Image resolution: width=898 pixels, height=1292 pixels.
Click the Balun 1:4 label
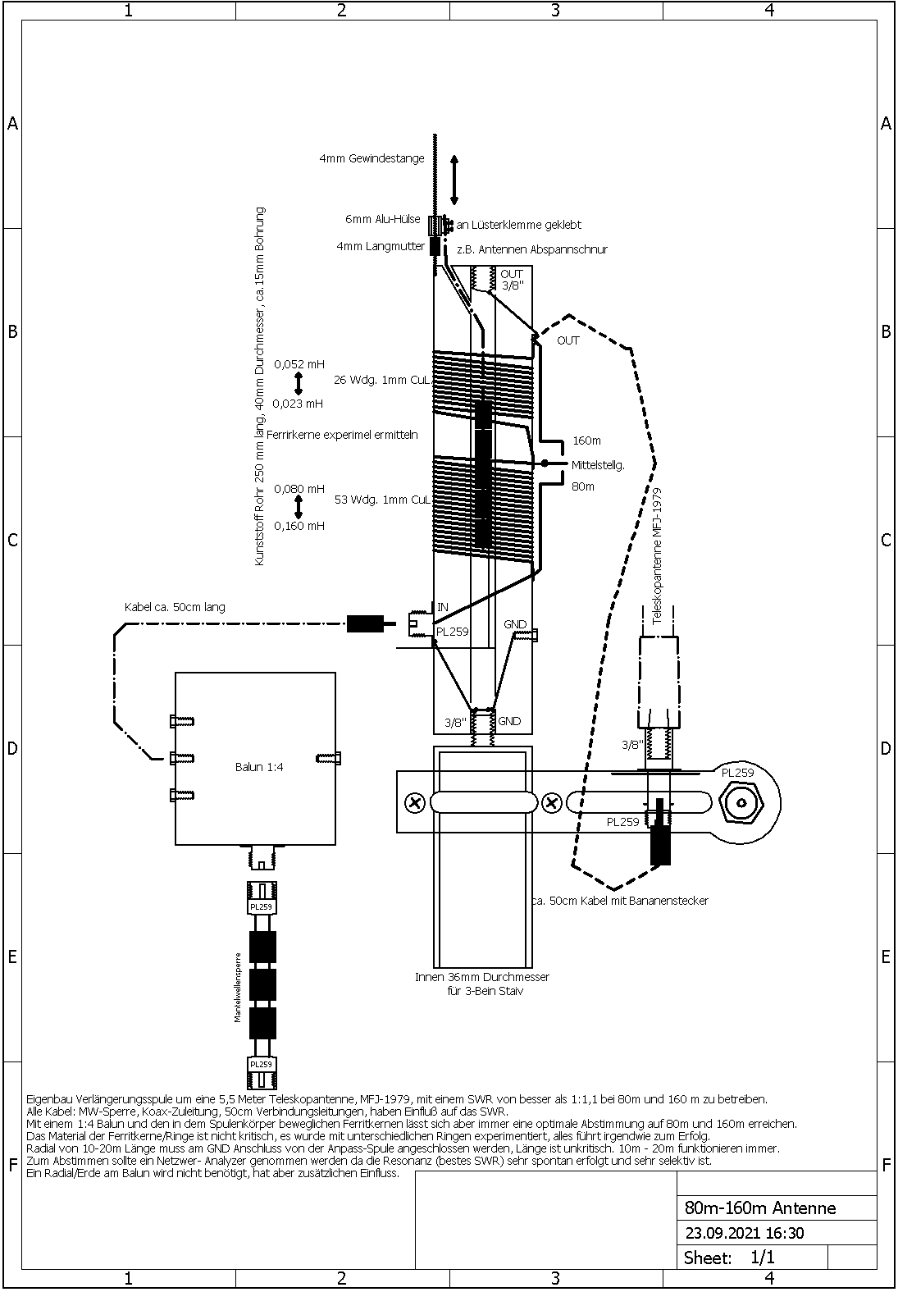click(x=259, y=767)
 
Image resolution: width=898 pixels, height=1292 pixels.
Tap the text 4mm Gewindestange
click(x=372, y=158)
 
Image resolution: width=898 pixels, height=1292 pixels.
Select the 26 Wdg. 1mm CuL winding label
click(x=382, y=380)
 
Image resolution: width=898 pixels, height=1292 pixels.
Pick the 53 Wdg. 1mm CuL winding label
click(x=382, y=500)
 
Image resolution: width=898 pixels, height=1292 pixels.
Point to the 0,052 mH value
click(x=299, y=364)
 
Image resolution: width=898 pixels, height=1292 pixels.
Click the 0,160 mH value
click(x=299, y=526)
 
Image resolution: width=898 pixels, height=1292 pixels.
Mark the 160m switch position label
click(x=586, y=441)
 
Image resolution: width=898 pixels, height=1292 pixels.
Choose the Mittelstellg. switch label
click(x=598, y=465)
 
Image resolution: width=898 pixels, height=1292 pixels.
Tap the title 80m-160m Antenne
click(x=760, y=1208)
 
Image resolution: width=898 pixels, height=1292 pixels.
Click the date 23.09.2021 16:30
click(x=744, y=1233)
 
